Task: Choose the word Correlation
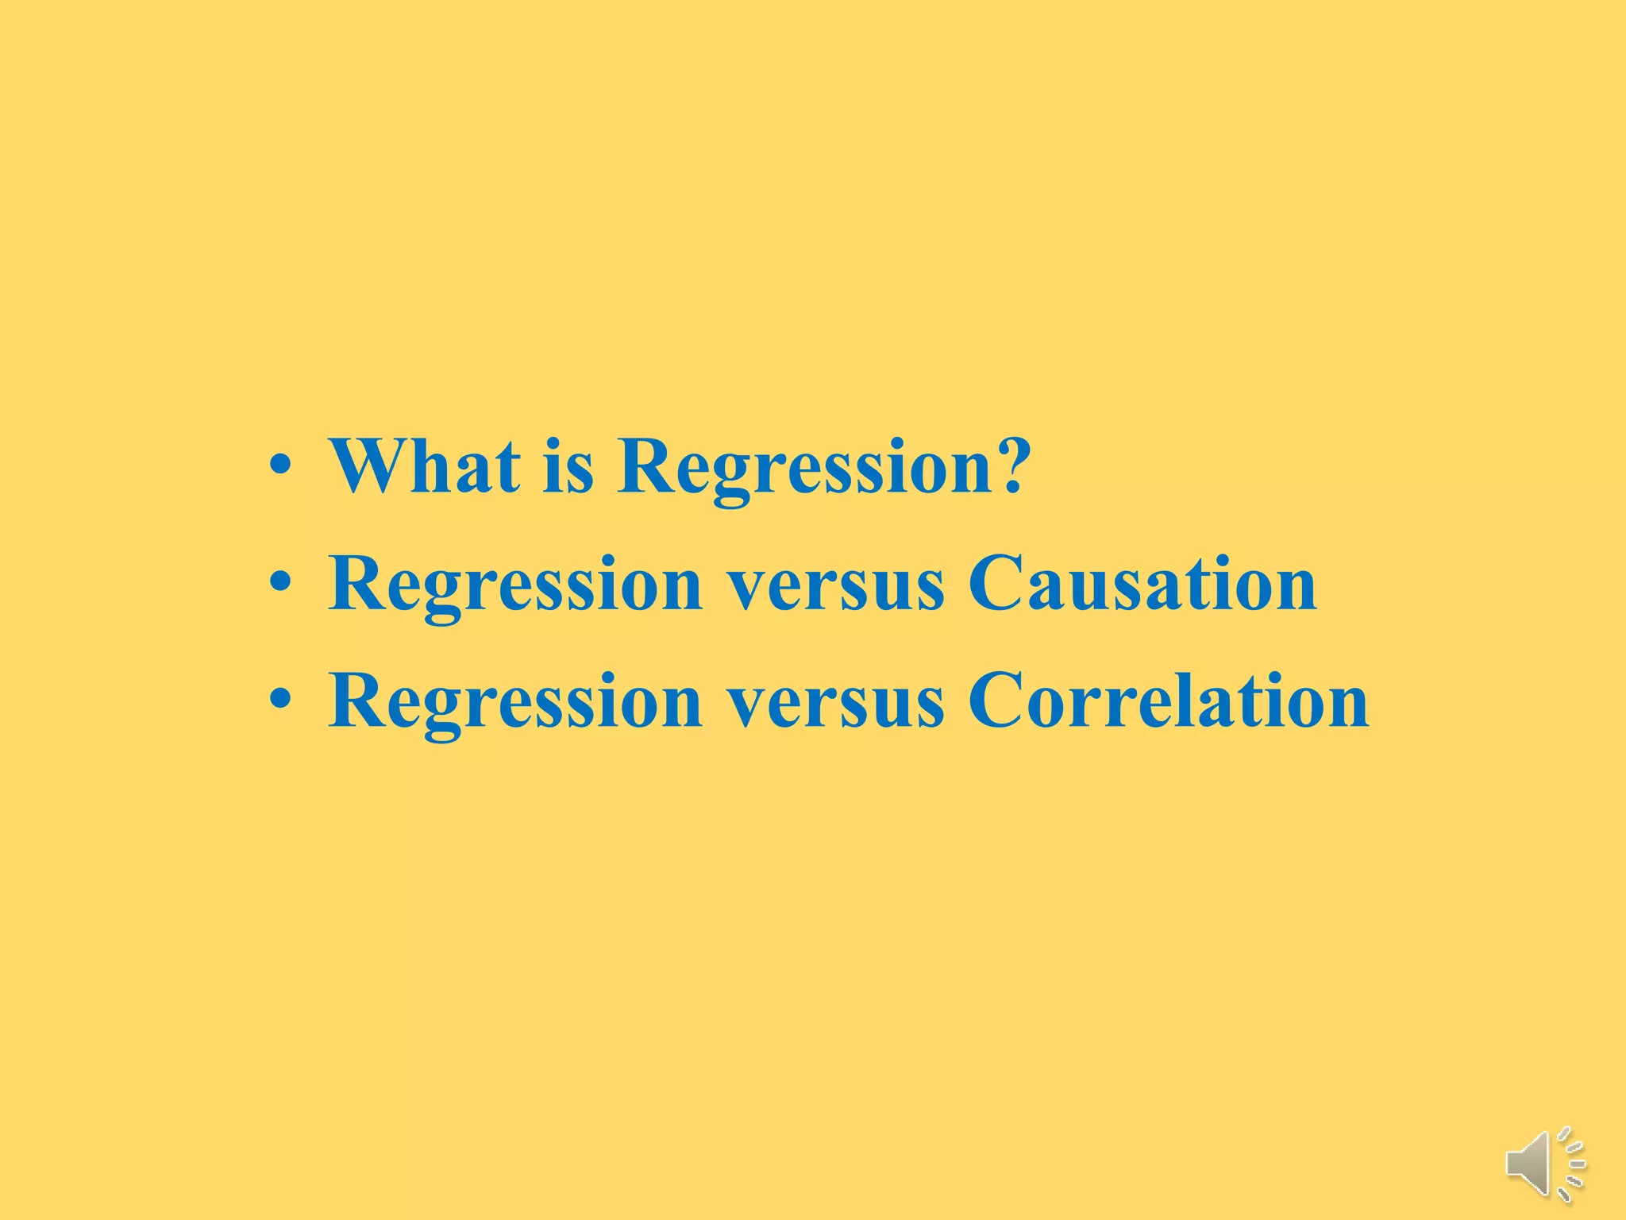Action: click(x=1167, y=701)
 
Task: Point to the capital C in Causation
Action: click(x=998, y=584)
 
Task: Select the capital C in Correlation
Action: click(x=998, y=701)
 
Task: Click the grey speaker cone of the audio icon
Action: click(x=1528, y=1164)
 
